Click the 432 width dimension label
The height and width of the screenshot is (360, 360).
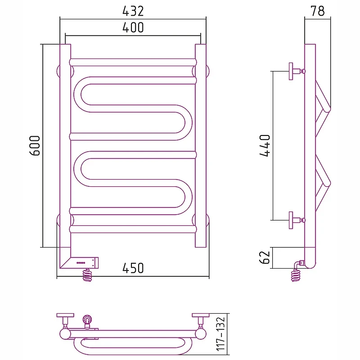click(x=133, y=11)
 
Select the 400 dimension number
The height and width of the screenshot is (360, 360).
click(x=133, y=27)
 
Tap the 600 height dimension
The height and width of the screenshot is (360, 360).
click(x=35, y=146)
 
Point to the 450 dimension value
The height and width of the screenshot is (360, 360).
click(x=133, y=268)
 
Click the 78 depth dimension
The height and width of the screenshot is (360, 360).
click(x=318, y=11)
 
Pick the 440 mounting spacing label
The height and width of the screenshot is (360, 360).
click(x=265, y=146)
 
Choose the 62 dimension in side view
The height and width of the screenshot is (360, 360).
click(x=265, y=257)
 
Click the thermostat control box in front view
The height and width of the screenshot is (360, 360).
click(x=85, y=263)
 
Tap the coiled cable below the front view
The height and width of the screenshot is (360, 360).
click(x=87, y=275)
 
